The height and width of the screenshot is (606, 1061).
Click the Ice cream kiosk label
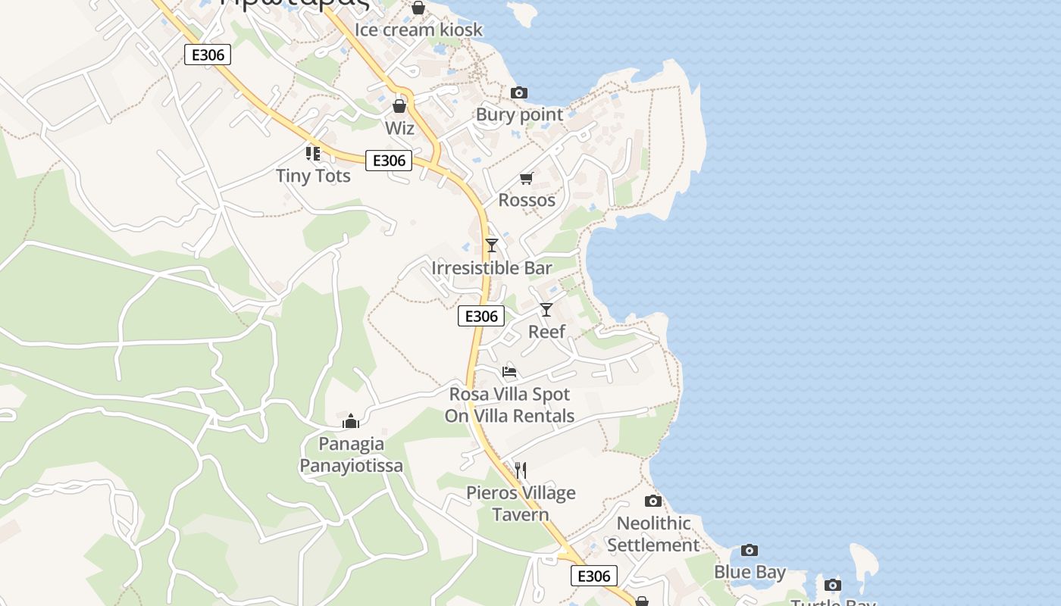[x=418, y=30]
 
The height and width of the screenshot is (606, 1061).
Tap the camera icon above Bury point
[x=519, y=92]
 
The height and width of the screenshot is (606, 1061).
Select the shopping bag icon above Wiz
[x=399, y=106]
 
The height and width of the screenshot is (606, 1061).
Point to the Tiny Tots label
[x=313, y=176]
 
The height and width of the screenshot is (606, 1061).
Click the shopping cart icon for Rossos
[x=527, y=178]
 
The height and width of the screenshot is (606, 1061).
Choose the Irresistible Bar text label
[x=492, y=268]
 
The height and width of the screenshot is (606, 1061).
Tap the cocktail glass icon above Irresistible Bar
[x=492, y=245]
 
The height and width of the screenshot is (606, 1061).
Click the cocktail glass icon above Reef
[x=546, y=309]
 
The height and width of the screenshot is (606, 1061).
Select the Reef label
[x=546, y=332]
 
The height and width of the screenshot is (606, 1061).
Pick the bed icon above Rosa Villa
[x=509, y=372]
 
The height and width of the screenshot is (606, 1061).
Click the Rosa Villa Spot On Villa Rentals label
[x=509, y=405]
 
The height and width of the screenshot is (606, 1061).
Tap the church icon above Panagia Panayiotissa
[x=351, y=421]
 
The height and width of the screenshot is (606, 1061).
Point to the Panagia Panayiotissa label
[x=351, y=454]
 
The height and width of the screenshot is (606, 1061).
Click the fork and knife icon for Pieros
[x=521, y=470]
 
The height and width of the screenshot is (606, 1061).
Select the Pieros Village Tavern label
[x=521, y=504]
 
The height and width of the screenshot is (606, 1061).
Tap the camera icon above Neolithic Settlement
[x=653, y=501]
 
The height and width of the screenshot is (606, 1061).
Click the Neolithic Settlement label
[x=653, y=534]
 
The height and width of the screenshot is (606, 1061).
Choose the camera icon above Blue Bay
[x=750, y=550]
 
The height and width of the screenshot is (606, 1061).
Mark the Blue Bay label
[x=750, y=572]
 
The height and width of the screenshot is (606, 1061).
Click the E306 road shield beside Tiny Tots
[x=389, y=161]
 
